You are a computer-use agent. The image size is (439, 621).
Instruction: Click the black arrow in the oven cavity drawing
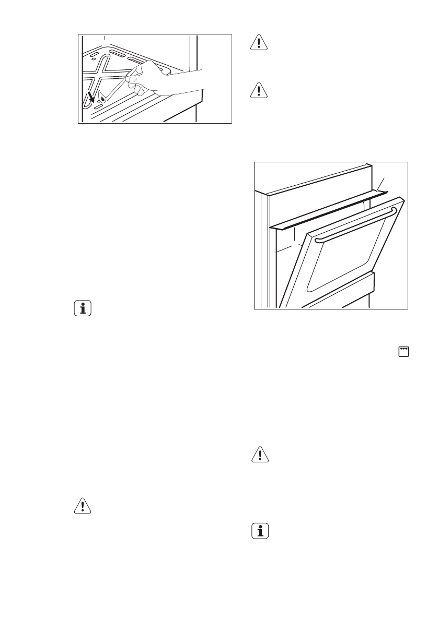[93, 96]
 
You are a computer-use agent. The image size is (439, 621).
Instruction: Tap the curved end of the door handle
[393, 210]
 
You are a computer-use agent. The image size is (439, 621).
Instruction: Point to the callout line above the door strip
[381, 184]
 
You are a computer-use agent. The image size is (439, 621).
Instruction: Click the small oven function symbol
[403, 351]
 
